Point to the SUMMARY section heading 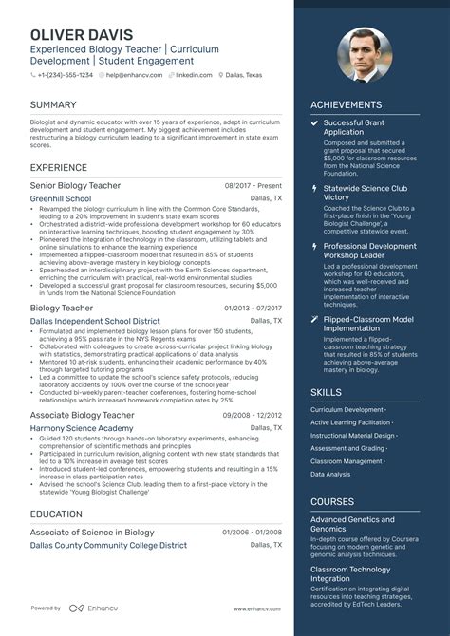click(53, 103)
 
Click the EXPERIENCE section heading click(59, 167)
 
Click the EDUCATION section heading click(56, 514)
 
